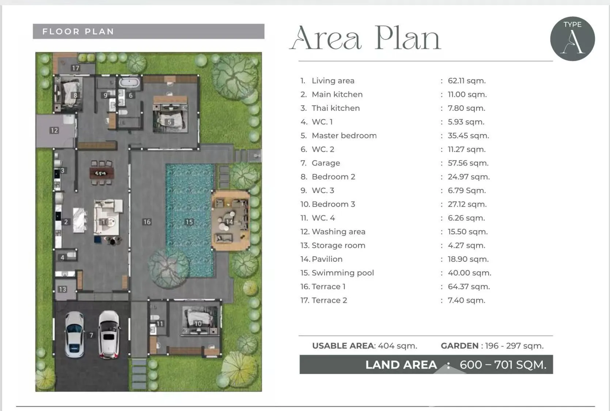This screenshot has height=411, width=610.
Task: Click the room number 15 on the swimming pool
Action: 189,222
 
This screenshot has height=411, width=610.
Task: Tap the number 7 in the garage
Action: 91,335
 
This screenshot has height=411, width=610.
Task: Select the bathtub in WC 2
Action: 129,82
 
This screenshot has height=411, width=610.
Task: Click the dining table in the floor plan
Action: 102,173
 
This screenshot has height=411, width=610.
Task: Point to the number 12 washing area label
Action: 54,131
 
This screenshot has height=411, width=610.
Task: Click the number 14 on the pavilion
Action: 229,222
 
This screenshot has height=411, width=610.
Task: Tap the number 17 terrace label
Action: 75,68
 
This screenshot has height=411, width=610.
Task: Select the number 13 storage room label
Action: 62,289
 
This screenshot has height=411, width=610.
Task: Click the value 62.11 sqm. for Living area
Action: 467,81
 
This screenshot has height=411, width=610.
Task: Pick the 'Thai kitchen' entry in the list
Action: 336,108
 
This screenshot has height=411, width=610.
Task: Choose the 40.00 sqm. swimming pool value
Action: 470,273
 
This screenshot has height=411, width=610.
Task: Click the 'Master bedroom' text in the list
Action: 344,136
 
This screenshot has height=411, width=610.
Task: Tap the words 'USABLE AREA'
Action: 343,346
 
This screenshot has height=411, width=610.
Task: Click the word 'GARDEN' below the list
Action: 459,346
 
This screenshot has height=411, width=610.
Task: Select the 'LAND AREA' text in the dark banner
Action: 401,365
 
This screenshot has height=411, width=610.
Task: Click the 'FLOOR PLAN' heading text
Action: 78,31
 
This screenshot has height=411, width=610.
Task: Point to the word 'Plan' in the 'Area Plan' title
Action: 408,38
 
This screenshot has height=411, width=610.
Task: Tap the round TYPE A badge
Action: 572,39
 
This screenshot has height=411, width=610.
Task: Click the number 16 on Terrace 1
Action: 147,222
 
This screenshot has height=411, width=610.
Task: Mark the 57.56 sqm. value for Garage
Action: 468,163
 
